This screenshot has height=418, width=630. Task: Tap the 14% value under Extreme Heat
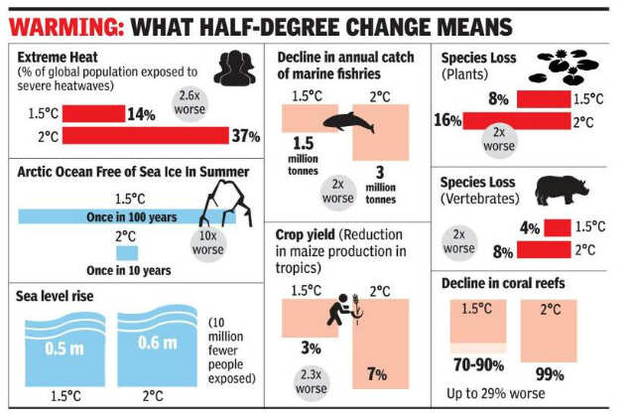pyautogui.click(x=140, y=112)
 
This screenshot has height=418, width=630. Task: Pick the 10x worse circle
pyautogui.click(x=208, y=242)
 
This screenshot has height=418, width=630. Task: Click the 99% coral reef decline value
pyautogui.click(x=550, y=374)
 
